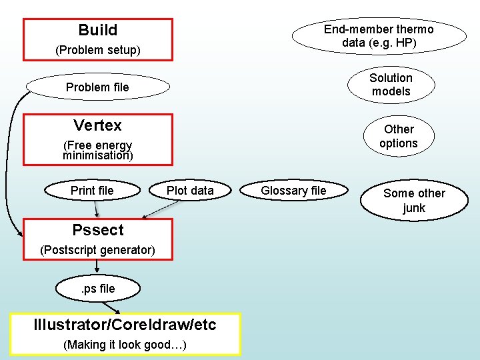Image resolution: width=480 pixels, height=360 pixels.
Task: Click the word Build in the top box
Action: click(97, 30)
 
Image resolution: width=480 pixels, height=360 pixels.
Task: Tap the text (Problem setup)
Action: click(97, 50)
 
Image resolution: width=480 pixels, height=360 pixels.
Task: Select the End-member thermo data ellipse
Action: click(379, 35)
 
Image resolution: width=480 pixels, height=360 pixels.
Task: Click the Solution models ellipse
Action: click(391, 85)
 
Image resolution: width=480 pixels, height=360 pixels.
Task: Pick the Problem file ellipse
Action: click(97, 87)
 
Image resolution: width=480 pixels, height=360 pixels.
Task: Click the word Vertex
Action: click(97, 125)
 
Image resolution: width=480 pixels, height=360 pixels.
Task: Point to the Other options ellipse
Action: click(398, 136)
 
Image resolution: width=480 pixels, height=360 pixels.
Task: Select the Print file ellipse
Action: click(92, 191)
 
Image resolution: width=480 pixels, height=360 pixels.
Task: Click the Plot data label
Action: click(190, 191)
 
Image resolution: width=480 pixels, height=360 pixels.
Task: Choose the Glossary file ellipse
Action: click(293, 191)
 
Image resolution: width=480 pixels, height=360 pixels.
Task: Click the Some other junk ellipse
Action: click(414, 200)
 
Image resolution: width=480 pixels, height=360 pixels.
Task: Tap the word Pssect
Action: click(97, 230)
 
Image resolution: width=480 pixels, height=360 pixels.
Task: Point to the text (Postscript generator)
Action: click(97, 251)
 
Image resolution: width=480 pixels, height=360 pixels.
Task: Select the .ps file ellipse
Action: click(98, 289)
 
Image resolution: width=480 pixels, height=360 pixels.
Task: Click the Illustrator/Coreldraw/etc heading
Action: click(125, 325)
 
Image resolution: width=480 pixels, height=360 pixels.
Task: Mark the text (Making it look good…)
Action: click(125, 345)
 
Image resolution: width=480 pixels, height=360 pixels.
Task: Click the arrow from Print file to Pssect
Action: click(96, 209)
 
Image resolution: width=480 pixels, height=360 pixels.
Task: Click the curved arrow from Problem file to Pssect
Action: click(9, 167)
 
